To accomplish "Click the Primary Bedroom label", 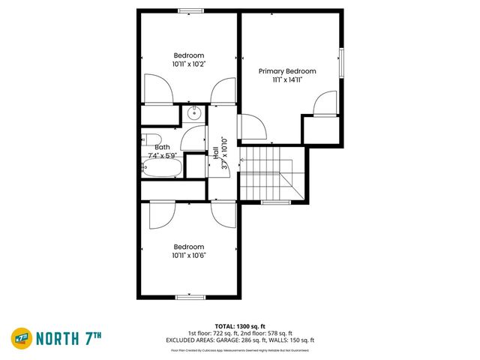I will click(x=287, y=71).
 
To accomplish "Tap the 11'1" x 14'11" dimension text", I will click(x=287, y=79).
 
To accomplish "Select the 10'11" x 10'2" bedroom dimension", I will click(x=189, y=64).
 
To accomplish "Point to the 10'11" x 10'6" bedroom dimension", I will click(x=189, y=255).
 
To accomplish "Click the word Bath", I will click(x=162, y=148).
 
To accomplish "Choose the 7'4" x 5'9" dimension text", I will click(x=162, y=155).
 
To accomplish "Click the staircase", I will click(x=267, y=173).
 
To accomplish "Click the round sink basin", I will click(x=194, y=114).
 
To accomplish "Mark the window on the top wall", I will click(x=190, y=10).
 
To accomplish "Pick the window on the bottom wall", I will click(x=190, y=297).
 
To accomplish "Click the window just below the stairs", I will click(x=275, y=202).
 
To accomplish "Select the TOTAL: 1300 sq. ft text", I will click(x=240, y=326).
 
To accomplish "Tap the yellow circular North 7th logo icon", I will click(x=21, y=338).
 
